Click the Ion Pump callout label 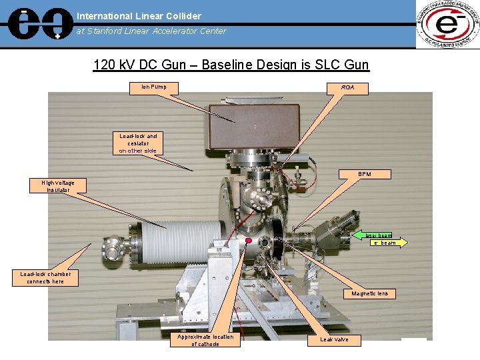pyautogui.click(x=153, y=87)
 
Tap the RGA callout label pyautogui.click(x=348, y=87)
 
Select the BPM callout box pyautogui.click(x=365, y=174)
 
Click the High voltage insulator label pyautogui.click(x=58, y=186)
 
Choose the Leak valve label pyautogui.click(x=334, y=339)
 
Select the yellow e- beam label pyautogui.click(x=385, y=243)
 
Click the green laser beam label pyautogui.click(x=378, y=235)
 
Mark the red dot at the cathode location pyautogui.click(x=248, y=241)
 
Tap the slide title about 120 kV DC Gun pyautogui.click(x=231, y=65)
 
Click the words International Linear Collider pyautogui.click(x=139, y=15)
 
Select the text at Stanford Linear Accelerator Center pyautogui.click(x=151, y=31)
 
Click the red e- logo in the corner pyautogui.click(x=447, y=25)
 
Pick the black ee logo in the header pyautogui.click(x=37, y=24)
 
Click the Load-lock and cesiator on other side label pyautogui.click(x=138, y=143)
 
